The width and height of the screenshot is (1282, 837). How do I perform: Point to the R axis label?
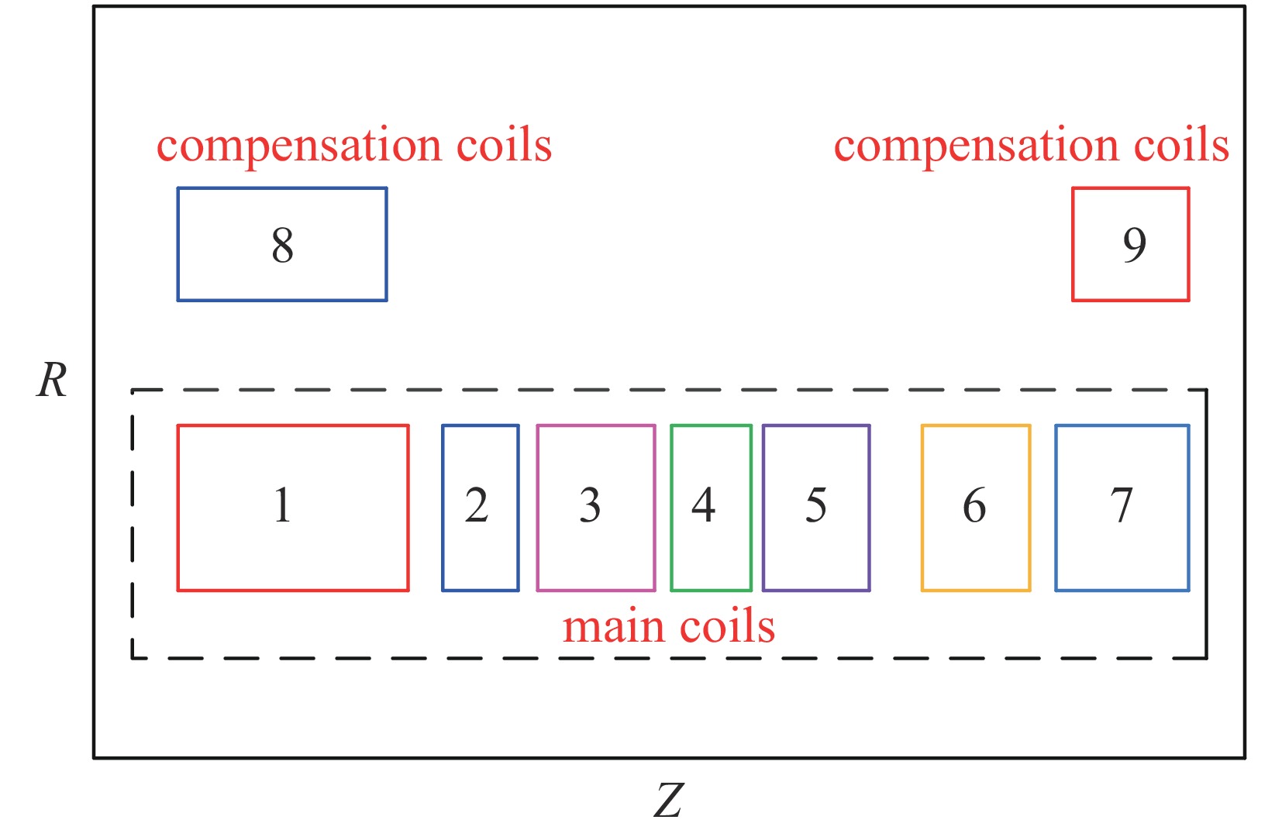[x=52, y=381]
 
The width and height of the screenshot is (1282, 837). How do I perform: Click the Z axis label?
[x=668, y=801]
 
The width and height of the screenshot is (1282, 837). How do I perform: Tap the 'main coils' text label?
[x=668, y=626]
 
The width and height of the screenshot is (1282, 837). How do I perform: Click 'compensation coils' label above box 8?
[x=354, y=146]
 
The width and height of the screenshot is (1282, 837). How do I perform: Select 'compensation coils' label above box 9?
[x=1031, y=146]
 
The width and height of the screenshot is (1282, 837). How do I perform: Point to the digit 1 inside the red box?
[x=282, y=505]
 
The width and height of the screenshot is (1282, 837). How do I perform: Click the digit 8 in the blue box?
[x=282, y=245]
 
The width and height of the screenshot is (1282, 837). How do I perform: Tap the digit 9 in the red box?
[x=1134, y=245]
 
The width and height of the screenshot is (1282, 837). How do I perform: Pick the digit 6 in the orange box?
[x=974, y=505]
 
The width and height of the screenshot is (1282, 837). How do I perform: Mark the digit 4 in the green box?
[x=703, y=505]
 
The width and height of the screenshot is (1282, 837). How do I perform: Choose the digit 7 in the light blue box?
[x=1122, y=505]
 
